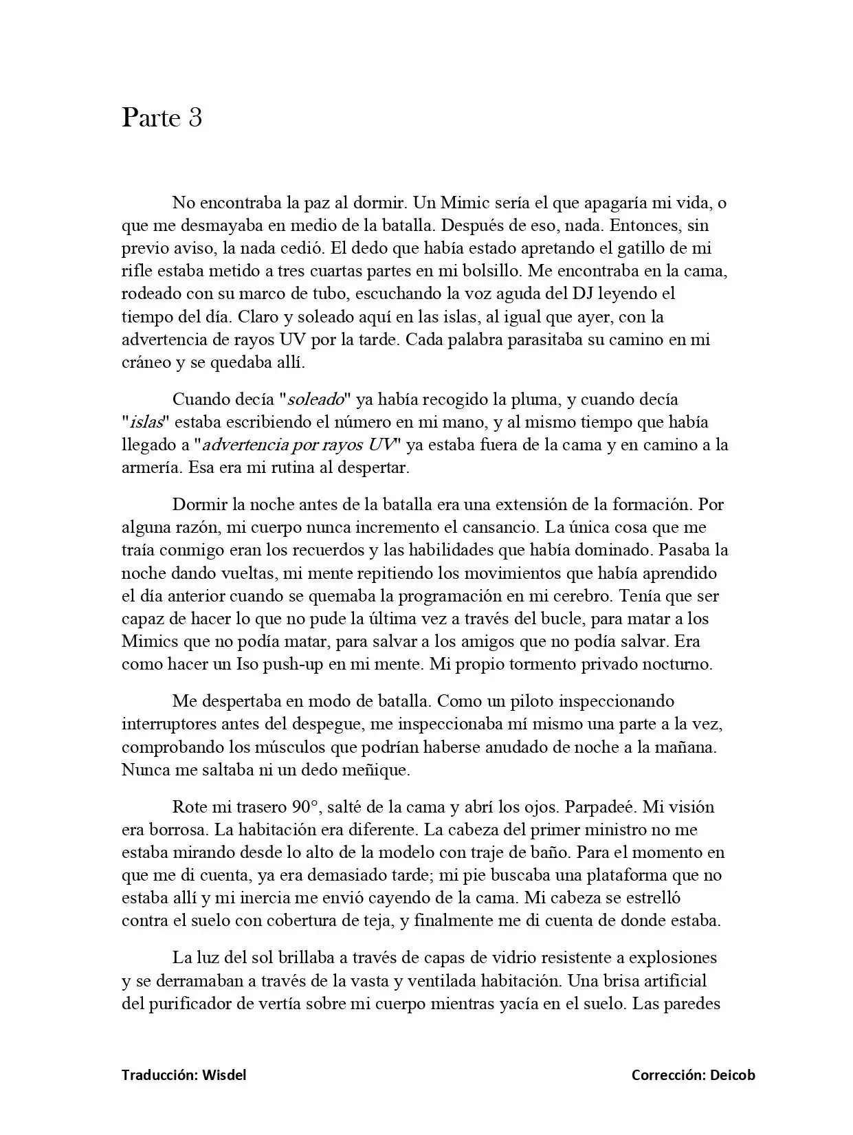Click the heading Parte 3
pyautogui.click(x=162, y=118)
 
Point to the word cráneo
pyautogui.click(x=145, y=362)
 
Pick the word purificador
pyautogui.click(x=190, y=1003)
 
